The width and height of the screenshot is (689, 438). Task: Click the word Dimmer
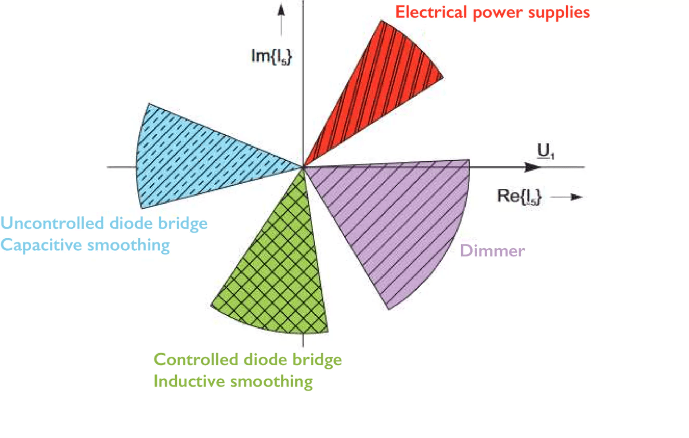pos(492,251)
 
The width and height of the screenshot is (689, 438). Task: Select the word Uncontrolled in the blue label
pos(53,224)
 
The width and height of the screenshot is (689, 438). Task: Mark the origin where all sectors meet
pos(303,167)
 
